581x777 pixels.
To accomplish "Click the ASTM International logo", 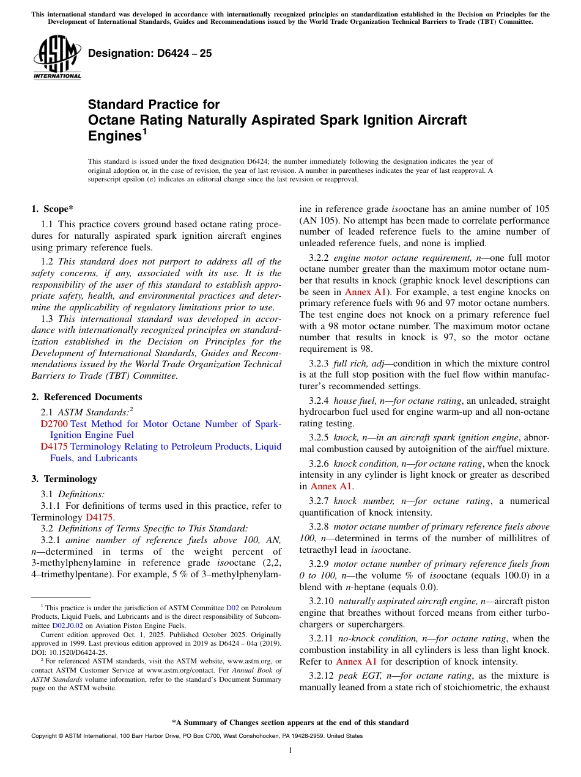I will [57, 57].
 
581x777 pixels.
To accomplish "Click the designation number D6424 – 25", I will [150, 53].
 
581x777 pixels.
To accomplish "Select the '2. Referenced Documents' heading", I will [86, 397].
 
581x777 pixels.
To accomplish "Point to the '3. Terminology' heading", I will [64, 479].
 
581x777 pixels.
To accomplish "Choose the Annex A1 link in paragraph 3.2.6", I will [331, 486].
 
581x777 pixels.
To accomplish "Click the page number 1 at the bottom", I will [290, 751].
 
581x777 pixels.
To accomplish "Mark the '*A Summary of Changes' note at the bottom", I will [290, 723].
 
